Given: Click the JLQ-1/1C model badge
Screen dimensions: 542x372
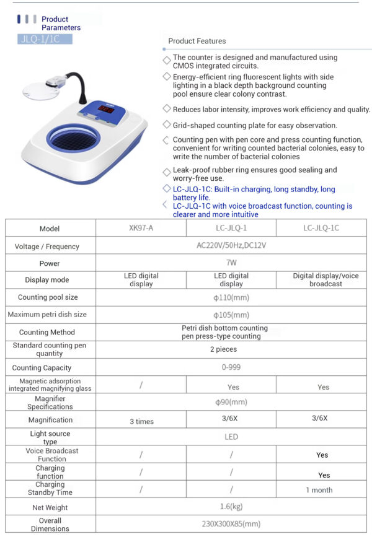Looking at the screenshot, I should (x=45, y=39).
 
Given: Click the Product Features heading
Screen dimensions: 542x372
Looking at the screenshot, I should (x=197, y=42).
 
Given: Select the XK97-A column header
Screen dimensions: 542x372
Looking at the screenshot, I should (x=141, y=229).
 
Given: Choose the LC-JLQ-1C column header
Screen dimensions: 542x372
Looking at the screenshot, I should (x=321, y=229).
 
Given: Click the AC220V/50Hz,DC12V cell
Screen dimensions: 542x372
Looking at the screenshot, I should (x=231, y=246).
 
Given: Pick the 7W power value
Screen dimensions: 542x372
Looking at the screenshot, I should (x=231, y=263).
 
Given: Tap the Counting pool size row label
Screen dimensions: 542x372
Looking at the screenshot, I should (x=48, y=297).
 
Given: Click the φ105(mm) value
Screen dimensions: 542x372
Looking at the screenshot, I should (x=231, y=315).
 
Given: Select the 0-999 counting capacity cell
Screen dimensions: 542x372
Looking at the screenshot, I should (x=231, y=367).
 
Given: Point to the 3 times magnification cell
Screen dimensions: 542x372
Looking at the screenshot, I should (x=141, y=421).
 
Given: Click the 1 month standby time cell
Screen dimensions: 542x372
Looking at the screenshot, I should (x=319, y=490).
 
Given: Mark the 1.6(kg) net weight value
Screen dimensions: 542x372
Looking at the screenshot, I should (x=231, y=507).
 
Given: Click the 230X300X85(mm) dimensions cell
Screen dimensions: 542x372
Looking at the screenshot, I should (x=231, y=524).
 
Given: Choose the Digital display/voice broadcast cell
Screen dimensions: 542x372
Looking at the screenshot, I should (x=325, y=280).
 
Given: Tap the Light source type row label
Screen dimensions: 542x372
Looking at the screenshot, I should (x=50, y=438).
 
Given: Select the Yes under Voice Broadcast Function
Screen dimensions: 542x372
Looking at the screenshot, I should (x=322, y=455).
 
